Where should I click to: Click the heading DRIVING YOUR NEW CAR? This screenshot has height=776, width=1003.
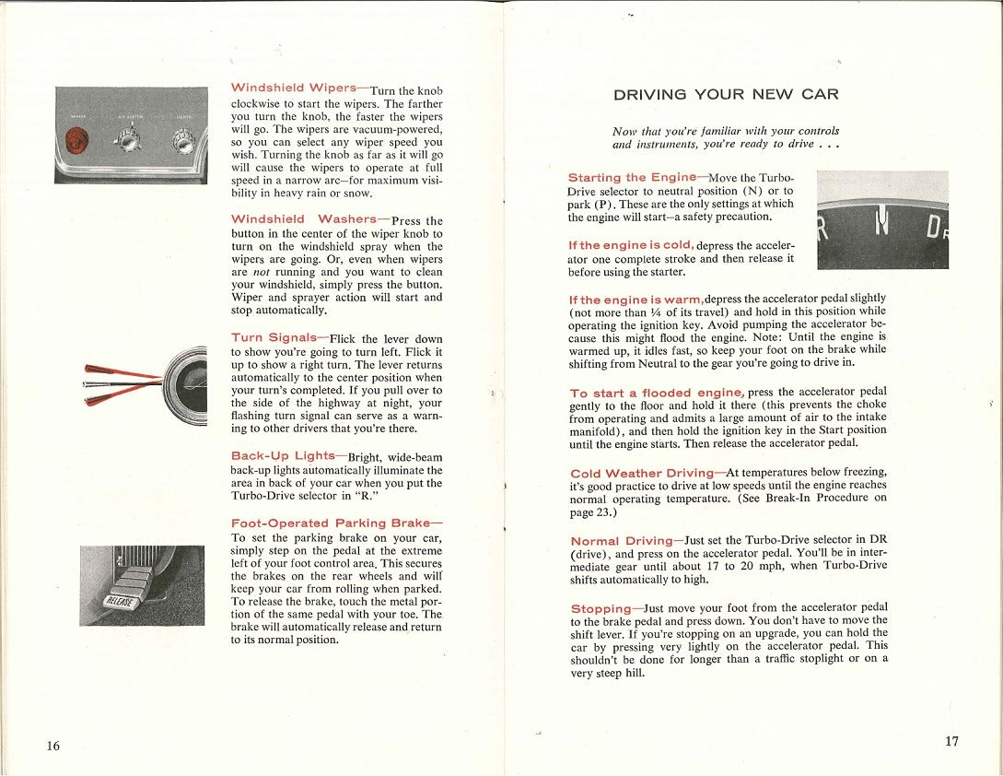[x=726, y=94]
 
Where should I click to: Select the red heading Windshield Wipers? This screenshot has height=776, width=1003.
[x=294, y=88]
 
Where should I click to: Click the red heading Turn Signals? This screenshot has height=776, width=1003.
[x=273, y=338]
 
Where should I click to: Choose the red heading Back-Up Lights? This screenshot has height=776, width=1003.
[x=283, y=456]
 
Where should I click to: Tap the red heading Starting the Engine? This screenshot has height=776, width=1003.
[x=633, y=177]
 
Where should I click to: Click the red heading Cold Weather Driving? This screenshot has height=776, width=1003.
[x=641, y=474]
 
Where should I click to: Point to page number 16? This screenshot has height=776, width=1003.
[x=53, y=746]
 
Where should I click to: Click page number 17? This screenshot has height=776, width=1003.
[x=951, y=742]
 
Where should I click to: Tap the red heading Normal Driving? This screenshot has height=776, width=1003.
[x=622, y=541]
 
